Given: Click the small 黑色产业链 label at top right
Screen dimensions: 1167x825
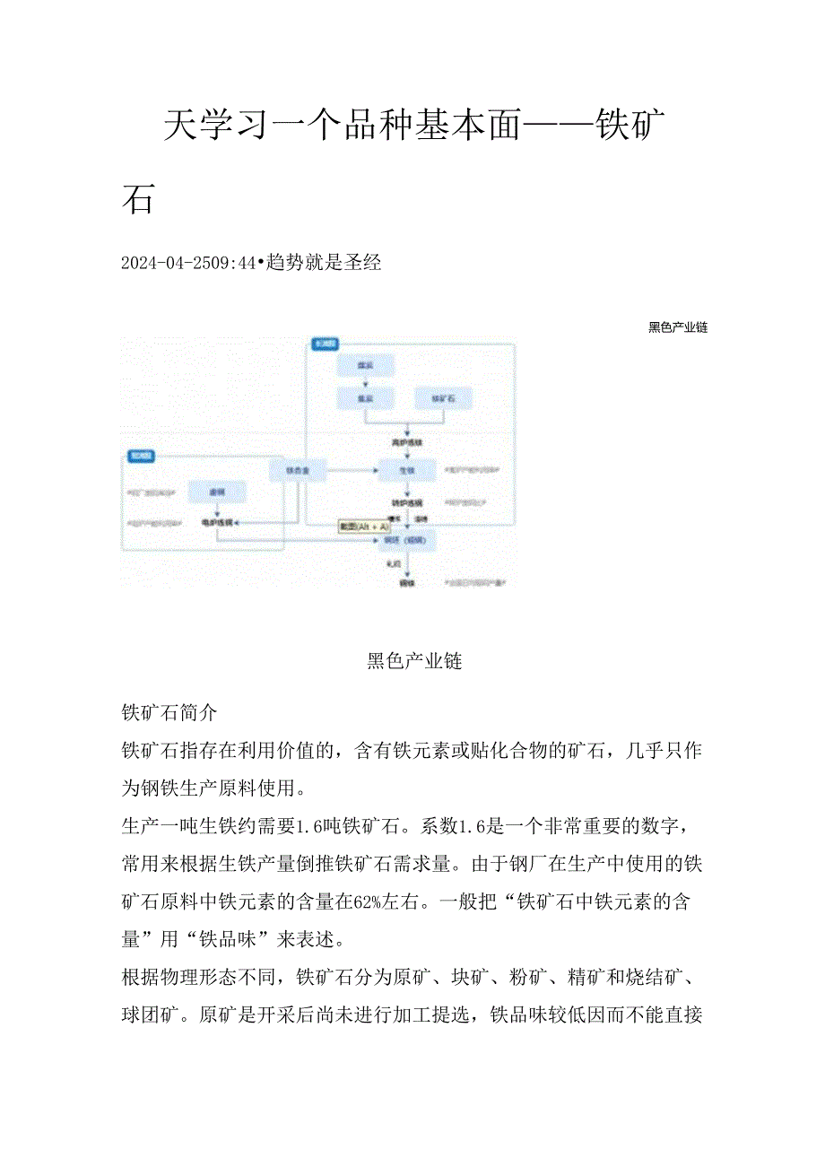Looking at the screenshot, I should coord(678,327).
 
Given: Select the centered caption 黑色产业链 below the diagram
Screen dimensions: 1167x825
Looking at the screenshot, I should coord(414,662).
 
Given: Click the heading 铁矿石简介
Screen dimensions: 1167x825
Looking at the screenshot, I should coord(169,713).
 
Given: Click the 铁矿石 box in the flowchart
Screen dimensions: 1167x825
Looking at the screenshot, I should coord(439,398).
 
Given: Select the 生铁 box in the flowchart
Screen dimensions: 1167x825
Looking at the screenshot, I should coord(407,470).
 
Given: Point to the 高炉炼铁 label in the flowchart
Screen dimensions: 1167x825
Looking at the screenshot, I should coord(407,442).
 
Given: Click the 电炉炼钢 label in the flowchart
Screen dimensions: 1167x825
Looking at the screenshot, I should coord(216,522).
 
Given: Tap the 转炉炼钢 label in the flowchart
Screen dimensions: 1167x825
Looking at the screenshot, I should coord(407,502).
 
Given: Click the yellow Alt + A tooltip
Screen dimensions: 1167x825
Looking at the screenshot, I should coord(363,527).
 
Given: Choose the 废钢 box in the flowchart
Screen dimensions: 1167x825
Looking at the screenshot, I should coord(216,492).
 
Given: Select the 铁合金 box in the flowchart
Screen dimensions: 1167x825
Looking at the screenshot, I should coord(298,470).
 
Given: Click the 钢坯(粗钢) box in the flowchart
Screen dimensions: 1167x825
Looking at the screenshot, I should coord(407,540).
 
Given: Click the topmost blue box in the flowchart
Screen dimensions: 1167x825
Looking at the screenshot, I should coord(364,366).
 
